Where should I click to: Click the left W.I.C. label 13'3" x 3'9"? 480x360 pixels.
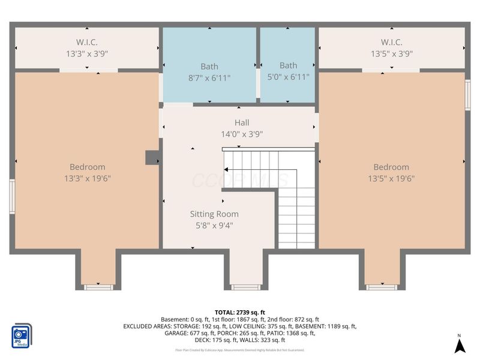coord(87,48)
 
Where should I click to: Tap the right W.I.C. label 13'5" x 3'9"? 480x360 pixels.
coord(391,48)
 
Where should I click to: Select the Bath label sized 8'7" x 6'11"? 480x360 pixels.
coord(209,72)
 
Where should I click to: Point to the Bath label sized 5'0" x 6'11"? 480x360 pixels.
coord(288,71)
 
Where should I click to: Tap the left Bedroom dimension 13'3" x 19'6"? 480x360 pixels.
coord(88,178)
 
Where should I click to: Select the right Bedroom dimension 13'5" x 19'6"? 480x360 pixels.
coord(391,178)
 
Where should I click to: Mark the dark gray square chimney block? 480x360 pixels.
coord(152,157)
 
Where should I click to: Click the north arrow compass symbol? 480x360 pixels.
coord(459,345)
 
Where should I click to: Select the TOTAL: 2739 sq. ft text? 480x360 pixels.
coord(240,312)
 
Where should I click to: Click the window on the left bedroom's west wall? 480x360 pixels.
coord(11,196)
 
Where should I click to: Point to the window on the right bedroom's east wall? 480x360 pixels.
coord(468,94)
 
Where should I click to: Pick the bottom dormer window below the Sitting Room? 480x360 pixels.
coord(246,287)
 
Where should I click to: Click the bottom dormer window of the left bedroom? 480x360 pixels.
coord(98,287)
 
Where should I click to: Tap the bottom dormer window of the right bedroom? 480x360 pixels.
coord(382,287)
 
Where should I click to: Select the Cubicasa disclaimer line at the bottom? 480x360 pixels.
coord(240,350)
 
